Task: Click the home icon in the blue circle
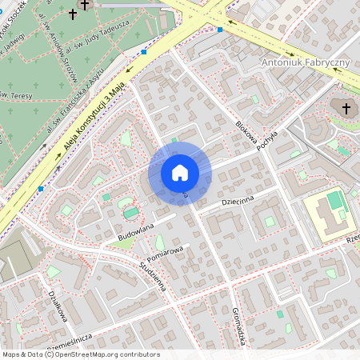pyautogui.click(x=180, y=173)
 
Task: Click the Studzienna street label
pyautogui.click(x=152, y=276)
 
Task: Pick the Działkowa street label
pyautogui.click(x=56, y=307)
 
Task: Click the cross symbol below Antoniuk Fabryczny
pyautogui.click(x=346, y=108)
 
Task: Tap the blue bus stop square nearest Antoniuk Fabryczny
pyautogui.click(x=220, y=30)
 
